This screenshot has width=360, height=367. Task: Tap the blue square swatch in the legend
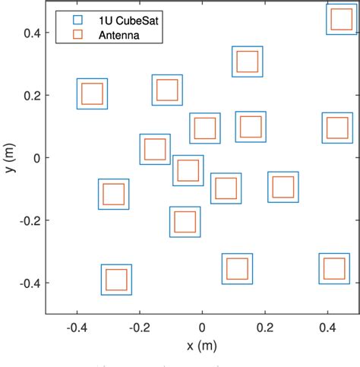click(x=77, y=18)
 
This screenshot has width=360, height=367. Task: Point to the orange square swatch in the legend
click(x=77, y=34)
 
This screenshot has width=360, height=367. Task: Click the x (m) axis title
click(x=202, y=347)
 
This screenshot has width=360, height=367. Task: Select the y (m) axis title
click(x=10, y=158)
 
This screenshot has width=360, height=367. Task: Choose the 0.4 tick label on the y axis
click(x=30, y=32)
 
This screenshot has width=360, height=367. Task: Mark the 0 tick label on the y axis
click(x=35, y=158)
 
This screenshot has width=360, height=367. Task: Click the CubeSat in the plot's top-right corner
click(x=341, y=19)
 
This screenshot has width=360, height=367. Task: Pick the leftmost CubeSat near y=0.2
click(x=92, y=93)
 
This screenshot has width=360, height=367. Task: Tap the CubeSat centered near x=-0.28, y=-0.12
click(x=113, y=194)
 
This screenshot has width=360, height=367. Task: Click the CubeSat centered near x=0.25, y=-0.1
click(x=283, y=187)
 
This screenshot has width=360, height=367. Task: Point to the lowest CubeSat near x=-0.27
click(x=116, y=279)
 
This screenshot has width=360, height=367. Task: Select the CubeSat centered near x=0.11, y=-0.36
click(x=237, y=269)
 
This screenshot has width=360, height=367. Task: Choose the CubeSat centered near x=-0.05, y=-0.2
click(x=185, y=222)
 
